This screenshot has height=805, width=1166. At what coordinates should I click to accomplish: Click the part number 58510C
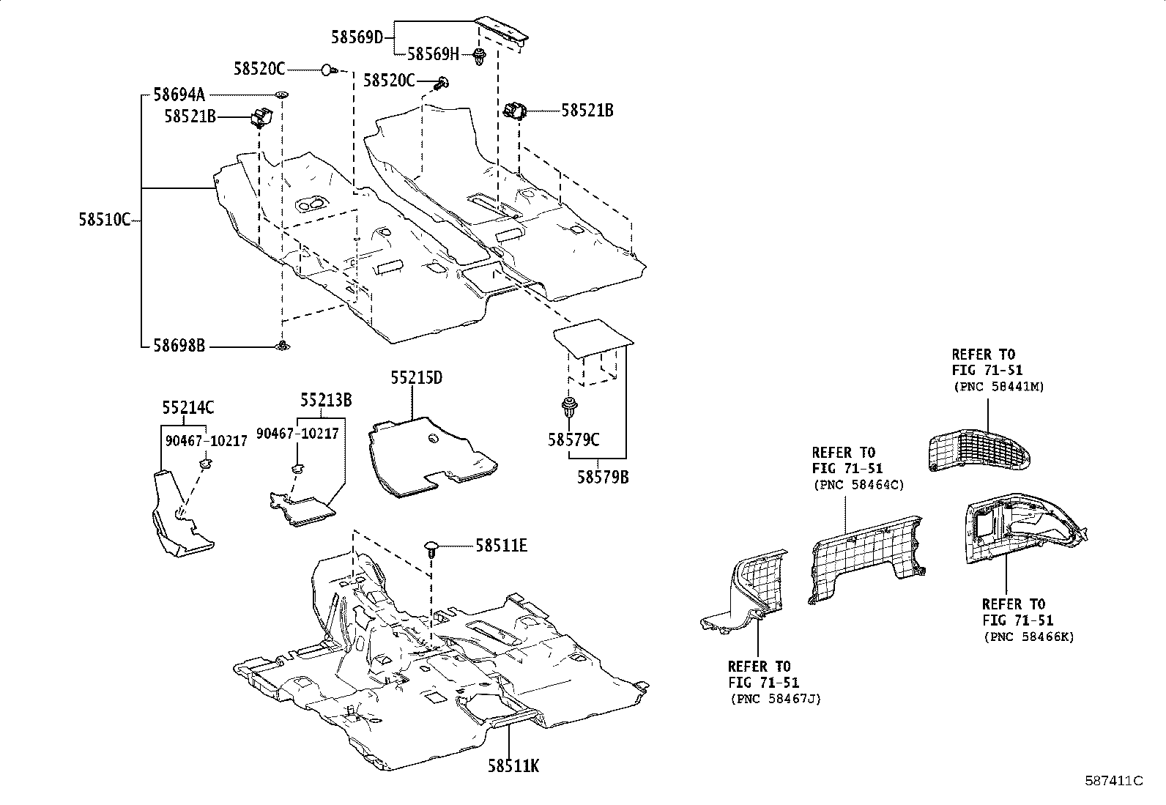(x=104, y=218)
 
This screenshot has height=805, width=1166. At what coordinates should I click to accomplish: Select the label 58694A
(x=179, y=94)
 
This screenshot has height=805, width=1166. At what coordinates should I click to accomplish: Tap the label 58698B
(x=179, y=345)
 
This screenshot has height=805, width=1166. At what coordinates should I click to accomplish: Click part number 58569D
(x=357, y=37)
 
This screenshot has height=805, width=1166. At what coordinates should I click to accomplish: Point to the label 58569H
(x=432, y=53)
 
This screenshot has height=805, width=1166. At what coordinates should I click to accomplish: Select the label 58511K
(x=513, y=766)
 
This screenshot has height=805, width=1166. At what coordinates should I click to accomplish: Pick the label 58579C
(x=573, y=439)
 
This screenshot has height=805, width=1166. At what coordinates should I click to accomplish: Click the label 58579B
(x=603, y=477)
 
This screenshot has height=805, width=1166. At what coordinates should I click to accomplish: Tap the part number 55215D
(x=416, y=378)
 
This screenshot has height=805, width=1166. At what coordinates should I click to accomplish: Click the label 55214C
(x=188, y=408)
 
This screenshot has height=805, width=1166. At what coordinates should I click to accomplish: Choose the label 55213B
(x=326, y=400)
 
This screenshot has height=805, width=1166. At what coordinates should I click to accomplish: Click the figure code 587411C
(x=1113, y=781)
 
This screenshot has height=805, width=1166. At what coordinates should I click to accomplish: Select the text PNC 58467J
(x=775, y=699)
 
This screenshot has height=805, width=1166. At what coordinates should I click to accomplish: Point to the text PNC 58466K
(x=1028, y=637)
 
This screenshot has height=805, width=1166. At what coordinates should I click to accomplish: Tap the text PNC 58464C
(x=858, y=485)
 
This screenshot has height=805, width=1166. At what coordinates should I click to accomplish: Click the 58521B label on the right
(x=587, y=111)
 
